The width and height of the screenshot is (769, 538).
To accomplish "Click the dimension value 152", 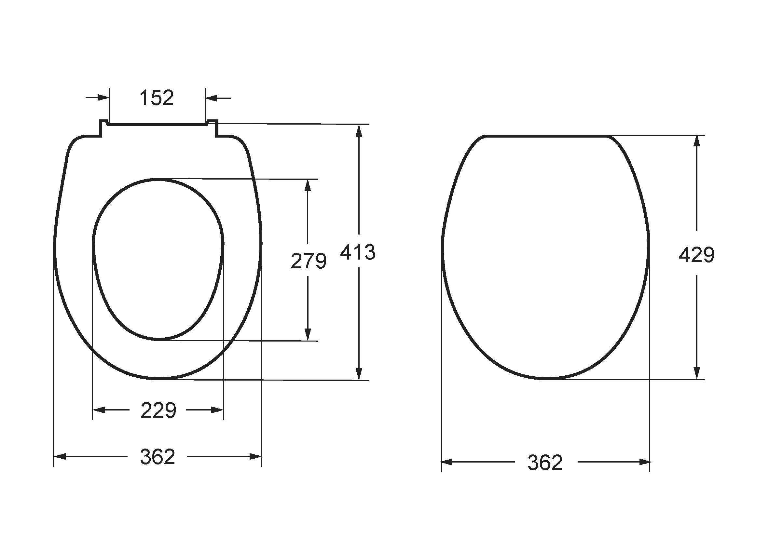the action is tap(157, 98).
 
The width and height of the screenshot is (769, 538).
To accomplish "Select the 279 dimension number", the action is tap(309, 261).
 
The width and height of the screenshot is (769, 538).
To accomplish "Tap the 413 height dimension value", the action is tap(358, 252).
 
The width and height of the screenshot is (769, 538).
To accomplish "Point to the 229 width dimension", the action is tap(158, 410).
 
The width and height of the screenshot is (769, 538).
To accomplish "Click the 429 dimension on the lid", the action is tap(697, 255).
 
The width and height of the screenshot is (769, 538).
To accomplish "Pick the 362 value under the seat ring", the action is tap(158, 457).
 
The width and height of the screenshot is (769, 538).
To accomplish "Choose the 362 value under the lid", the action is tap(545, 463).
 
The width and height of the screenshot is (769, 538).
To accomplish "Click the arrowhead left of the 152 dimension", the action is tap(103, 98).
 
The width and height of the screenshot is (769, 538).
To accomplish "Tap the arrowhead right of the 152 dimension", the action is tap(211, 98).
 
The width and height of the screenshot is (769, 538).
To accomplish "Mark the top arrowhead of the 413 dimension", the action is tap(359, 130).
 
